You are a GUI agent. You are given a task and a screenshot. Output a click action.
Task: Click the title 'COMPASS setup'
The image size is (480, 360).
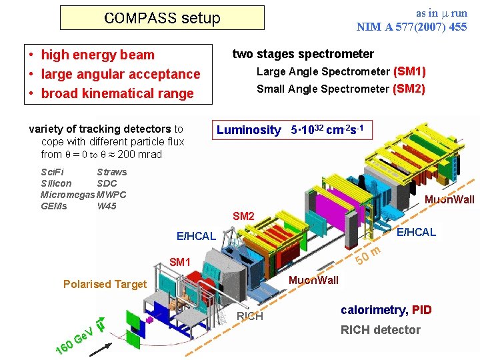162,18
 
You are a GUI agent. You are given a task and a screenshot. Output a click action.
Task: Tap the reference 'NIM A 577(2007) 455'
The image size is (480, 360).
411,27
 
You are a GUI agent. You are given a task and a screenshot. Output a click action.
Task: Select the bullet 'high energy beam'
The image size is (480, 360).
97,55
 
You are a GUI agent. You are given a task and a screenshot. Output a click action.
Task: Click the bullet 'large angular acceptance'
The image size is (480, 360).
120,74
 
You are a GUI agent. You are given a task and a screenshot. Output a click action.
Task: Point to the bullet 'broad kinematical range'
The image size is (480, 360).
117,93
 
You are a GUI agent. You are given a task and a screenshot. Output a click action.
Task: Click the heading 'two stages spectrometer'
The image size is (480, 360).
303,54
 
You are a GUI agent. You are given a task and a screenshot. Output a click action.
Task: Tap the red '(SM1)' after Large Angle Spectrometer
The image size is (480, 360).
409,71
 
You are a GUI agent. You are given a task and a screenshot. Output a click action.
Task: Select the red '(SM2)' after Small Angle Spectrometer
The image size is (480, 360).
409,89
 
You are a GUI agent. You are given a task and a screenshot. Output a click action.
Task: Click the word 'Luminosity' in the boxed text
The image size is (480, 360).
249,130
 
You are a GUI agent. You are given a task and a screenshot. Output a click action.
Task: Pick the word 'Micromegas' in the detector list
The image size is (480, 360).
68,195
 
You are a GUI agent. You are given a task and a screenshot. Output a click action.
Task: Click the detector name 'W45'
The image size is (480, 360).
107,206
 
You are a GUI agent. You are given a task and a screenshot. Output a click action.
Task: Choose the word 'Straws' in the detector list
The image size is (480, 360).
111,172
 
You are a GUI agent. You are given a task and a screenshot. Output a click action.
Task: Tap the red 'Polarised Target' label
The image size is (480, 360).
105,284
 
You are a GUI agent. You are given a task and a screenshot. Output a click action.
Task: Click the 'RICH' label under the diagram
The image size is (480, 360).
250,316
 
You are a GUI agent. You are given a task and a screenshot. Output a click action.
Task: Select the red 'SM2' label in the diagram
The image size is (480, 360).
243,216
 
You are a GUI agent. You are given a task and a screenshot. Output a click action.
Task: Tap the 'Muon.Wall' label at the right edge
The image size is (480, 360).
449,199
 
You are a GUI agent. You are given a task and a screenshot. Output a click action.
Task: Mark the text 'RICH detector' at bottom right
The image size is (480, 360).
381,330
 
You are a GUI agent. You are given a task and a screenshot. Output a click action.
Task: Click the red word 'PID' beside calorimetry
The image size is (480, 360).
422,309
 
